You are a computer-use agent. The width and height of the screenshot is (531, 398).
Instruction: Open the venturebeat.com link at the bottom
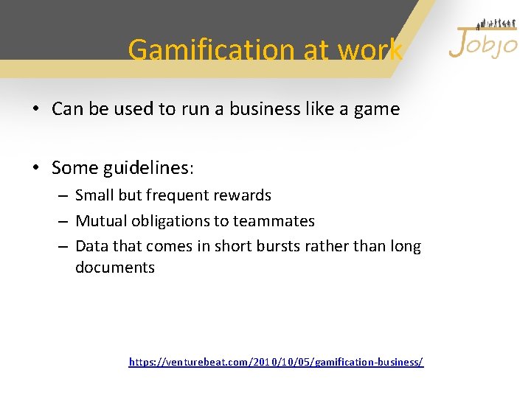pos(276,362)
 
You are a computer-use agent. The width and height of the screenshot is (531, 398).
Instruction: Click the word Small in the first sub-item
pos(94,195)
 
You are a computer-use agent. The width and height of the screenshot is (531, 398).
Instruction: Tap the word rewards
pos(244,195)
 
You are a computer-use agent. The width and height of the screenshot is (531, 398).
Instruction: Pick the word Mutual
pos(100,221)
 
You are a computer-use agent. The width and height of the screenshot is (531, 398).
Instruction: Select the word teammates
pos(274,221)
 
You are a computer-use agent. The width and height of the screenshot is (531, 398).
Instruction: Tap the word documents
pos(115,268)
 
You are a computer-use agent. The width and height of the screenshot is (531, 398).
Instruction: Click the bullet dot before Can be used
pos(35,110)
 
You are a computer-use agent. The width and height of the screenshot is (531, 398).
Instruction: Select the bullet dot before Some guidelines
pos(35,169)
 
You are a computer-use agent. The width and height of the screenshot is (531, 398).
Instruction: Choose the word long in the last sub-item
pos(405,246)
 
